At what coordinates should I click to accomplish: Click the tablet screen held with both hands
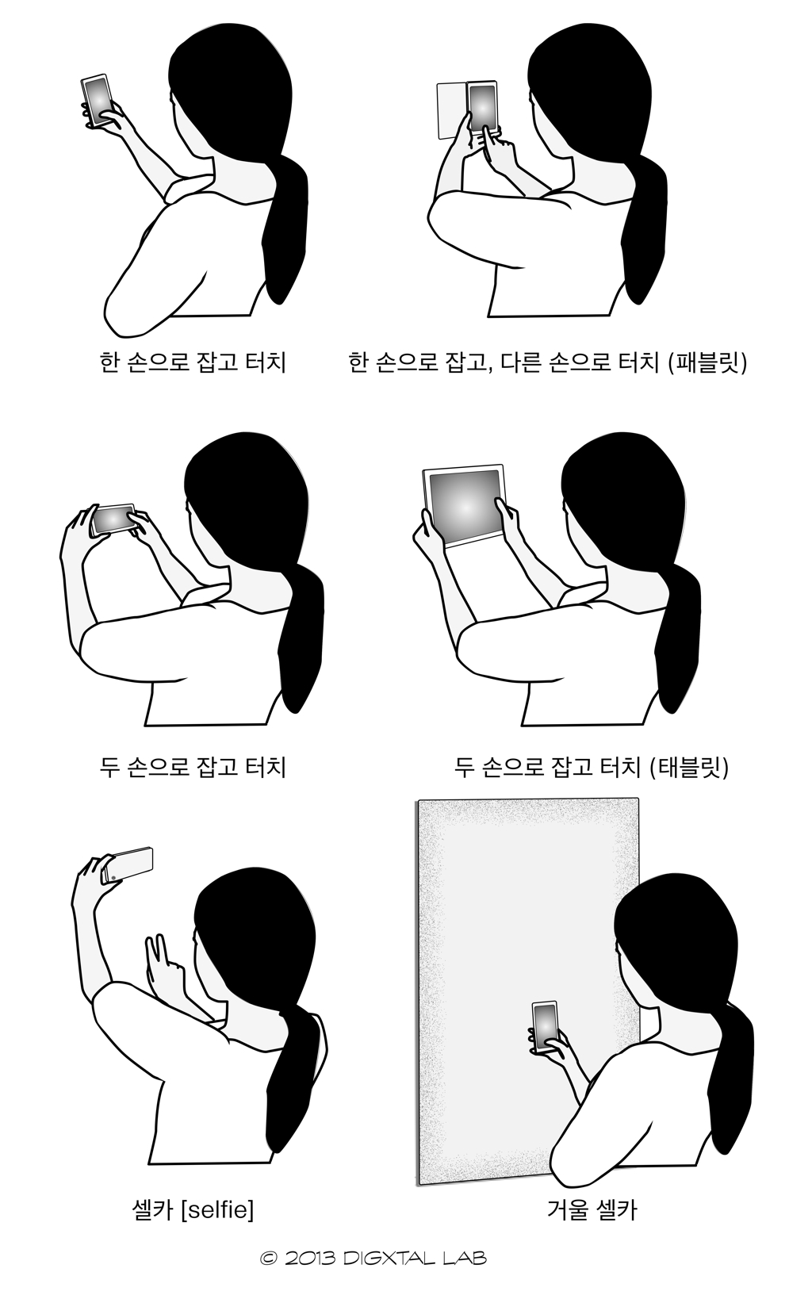coord(465,504)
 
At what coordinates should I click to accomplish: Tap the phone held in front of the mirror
coord(545,1027)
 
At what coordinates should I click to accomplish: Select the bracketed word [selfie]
coord(217,1209)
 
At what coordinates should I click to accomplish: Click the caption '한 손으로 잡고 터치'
coord(193,362)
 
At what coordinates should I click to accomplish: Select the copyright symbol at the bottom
coord(269,1258)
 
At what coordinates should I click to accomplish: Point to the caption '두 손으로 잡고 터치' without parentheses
coord(193,767)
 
